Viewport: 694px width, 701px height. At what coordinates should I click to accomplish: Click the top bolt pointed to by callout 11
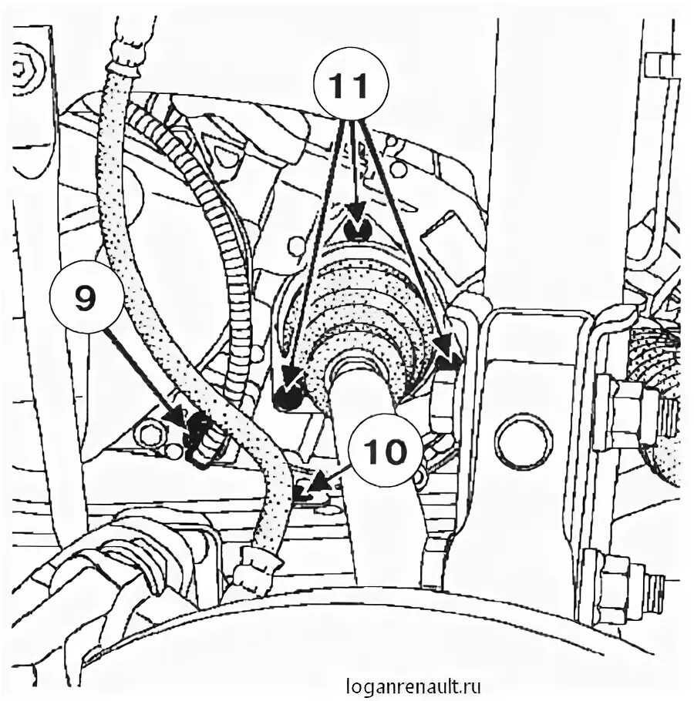coord(356,228)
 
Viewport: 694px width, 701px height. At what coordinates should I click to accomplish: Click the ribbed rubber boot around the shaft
coord(362,316)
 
